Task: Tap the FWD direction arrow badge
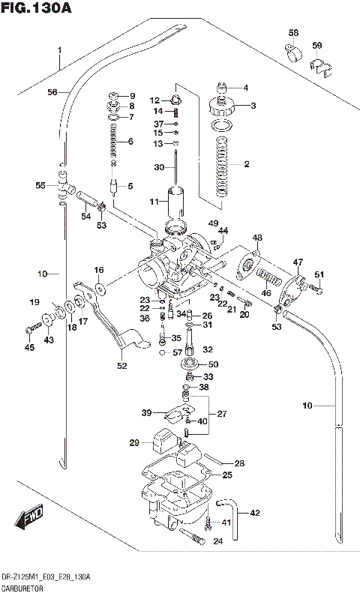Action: [x=28, y=517]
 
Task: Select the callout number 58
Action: [x=293, y=33]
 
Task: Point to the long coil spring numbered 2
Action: [x=221, y=166]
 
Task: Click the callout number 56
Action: [x=52, y=92]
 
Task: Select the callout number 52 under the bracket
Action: [x=121, y=366]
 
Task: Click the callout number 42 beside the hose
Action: [x=254, y=514]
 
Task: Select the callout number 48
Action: [x=257, y=238]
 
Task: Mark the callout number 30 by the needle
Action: [x=158, y=167]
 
